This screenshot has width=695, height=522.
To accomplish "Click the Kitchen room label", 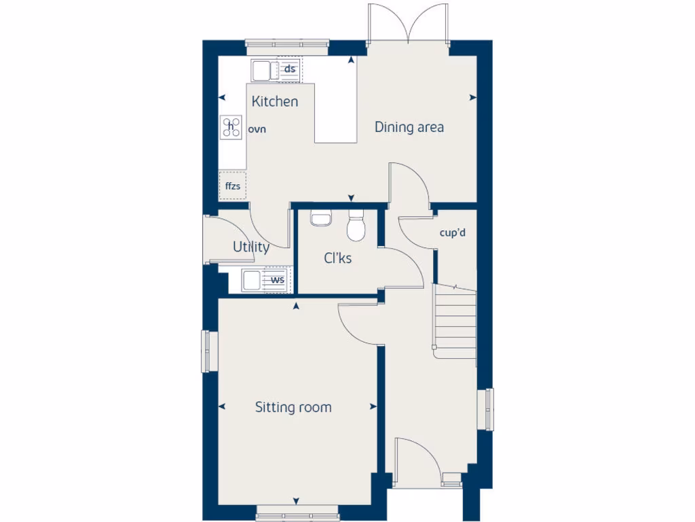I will (275, 102).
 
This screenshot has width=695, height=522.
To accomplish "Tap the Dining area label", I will (409, 127).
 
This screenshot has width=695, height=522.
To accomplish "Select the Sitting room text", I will (293, 407).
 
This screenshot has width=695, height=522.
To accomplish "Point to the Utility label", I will (251, 247).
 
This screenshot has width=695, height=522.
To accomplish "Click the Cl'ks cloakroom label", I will (337, 258).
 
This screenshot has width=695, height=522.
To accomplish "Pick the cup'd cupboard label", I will (453, 233).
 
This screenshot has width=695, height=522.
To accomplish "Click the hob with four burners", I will (231, 126).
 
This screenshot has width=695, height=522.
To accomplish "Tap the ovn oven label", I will (257, 128).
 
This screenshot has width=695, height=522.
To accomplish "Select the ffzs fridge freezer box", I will (233, 186).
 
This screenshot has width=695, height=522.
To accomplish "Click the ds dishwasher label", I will (290, 69).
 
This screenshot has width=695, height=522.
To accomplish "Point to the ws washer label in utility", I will (278, 279).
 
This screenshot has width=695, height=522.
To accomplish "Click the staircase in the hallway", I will (455, 319).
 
